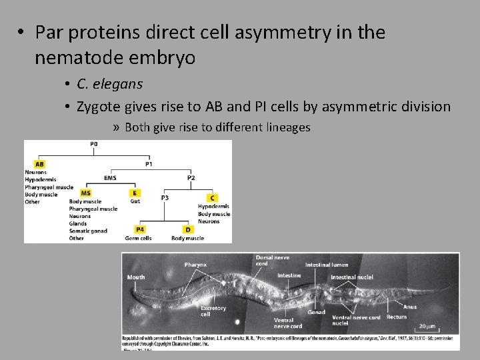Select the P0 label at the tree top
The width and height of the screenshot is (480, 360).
93,144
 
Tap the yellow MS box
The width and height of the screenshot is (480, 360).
86,193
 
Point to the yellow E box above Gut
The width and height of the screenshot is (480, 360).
136,193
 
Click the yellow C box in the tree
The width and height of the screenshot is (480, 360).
212,198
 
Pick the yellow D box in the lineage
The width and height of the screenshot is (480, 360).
187,230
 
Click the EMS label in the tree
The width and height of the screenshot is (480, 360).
111,178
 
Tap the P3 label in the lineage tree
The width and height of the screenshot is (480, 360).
165,198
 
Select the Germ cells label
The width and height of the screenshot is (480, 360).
138,238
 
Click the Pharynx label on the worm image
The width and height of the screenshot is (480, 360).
195,265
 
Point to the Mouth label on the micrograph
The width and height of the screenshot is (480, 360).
136,277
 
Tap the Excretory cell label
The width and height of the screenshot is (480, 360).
213,311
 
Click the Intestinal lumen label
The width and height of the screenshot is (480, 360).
327,265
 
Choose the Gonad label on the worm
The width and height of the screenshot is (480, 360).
316,312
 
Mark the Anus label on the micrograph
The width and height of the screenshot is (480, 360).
410,307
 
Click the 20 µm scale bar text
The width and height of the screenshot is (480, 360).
427,327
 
